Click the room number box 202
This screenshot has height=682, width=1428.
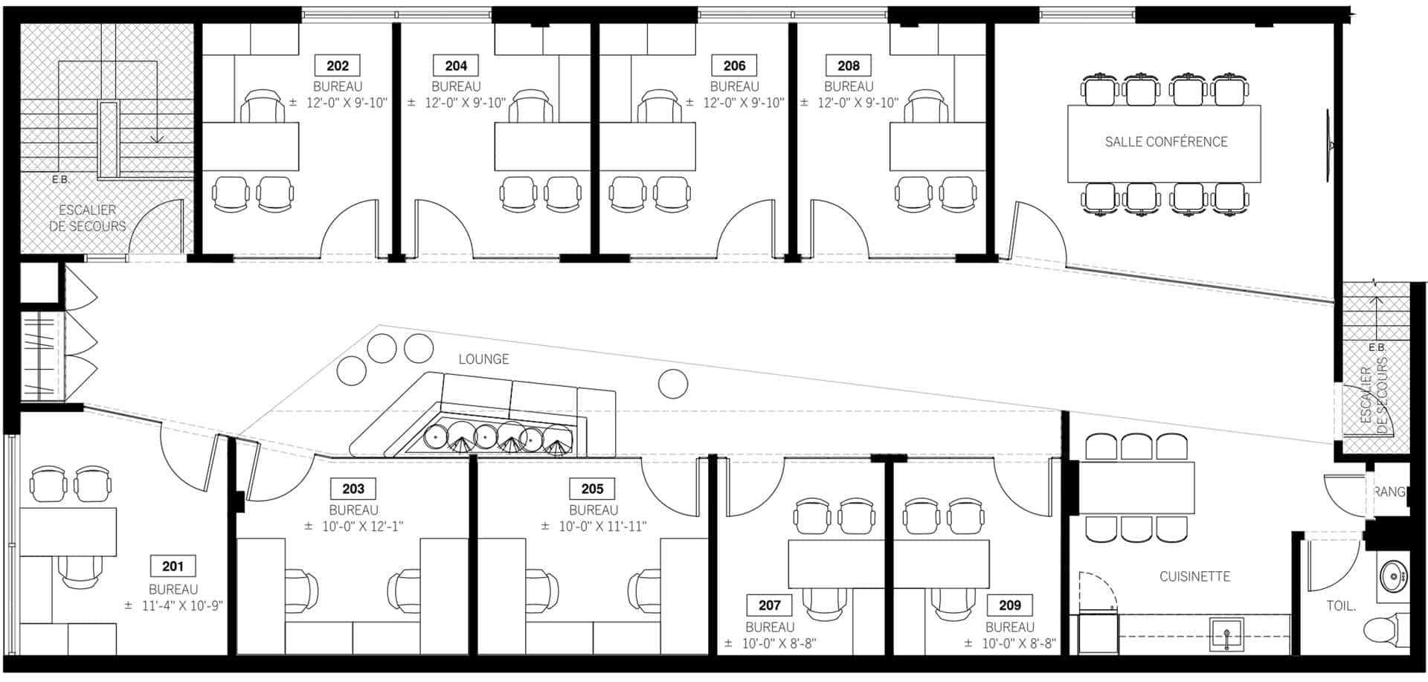[338, 65]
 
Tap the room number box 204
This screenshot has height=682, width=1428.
[456, 65]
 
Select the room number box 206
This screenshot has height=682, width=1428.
[734, 65]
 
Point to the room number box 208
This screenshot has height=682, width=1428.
[849, 65]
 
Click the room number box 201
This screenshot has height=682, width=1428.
[173, 566]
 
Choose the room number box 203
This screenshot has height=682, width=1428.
[353, 489]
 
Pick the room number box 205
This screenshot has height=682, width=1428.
[593, 489]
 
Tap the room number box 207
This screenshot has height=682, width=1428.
[770, 605]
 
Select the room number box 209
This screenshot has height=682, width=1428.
[1010, 605]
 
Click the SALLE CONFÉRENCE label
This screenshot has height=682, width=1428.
[1165, 142]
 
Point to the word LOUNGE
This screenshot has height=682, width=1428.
[483, 359]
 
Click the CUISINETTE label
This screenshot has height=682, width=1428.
[1194, 576]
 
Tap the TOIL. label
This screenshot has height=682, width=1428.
[1341, 606]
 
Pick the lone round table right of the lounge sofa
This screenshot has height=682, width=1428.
[673, 384]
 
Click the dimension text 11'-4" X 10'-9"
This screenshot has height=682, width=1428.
[182, 606]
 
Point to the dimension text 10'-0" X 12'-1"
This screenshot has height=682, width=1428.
[362, 527]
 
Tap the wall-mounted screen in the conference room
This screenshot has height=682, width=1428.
[1328, 146]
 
